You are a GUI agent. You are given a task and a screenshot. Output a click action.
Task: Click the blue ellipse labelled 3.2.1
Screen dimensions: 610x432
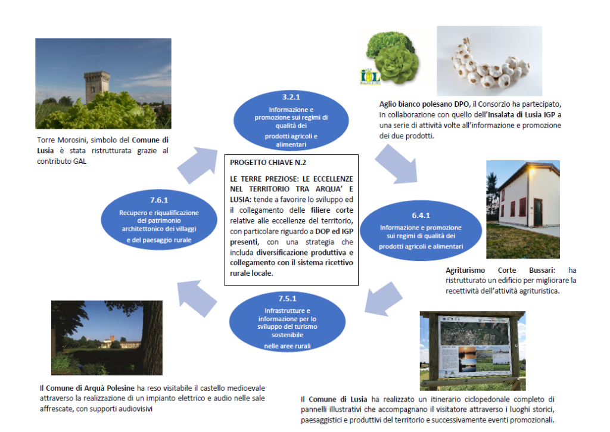291,120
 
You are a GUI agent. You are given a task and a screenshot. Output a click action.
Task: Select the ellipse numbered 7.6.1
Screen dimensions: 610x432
158,220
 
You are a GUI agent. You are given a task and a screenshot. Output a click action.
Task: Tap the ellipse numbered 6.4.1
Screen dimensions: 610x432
421,231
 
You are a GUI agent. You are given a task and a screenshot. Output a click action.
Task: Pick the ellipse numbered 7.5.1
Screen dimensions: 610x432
287,322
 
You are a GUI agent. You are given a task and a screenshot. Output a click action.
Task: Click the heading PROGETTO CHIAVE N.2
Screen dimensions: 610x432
268,163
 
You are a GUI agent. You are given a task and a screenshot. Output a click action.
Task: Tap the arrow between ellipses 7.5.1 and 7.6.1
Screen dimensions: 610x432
197,299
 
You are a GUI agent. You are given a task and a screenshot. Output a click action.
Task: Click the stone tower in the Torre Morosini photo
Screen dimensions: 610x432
96,86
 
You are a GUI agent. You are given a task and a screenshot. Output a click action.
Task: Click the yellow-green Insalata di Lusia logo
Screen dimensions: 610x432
369,77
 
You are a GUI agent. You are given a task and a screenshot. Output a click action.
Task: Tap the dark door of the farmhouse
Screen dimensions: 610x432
538,213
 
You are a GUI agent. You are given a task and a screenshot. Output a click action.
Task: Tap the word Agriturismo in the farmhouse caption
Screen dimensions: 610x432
465,270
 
